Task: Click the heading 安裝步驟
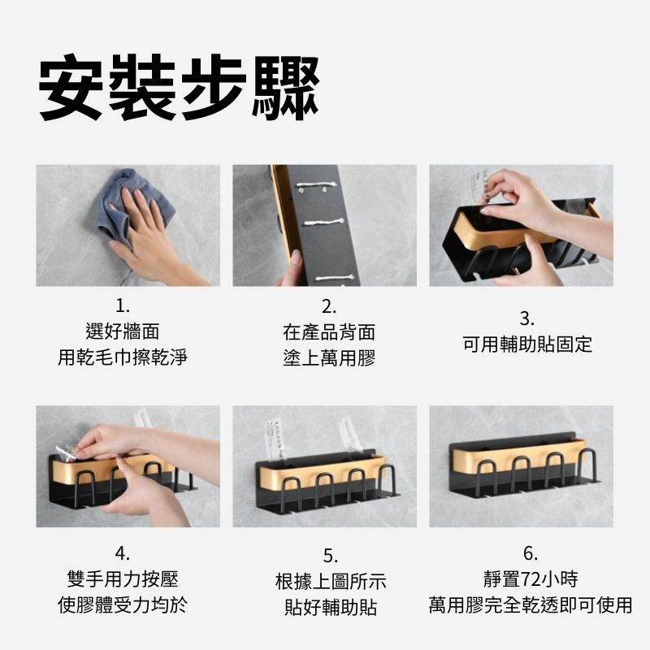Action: coord(179,87)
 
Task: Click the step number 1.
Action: coord(123,307)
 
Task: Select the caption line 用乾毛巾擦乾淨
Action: coord(123,357)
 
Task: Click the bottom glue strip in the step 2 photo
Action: coord(334,277)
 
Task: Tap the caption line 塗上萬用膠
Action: coord(329,358)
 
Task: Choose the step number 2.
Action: coord(329,307)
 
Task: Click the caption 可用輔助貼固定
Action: coord(527,344)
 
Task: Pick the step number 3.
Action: coord(526,318)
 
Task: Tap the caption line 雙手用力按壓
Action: coord(123,579)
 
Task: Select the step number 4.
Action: coord(123,554)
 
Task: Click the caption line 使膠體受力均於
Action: coord(123,604)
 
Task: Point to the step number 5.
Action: coord(331,556)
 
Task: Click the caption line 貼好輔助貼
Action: coord(331,607)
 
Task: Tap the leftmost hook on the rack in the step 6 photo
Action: coord(486,476)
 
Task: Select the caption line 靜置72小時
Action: coord(531,579)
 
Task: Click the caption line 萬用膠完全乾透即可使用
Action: coord(531,604)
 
